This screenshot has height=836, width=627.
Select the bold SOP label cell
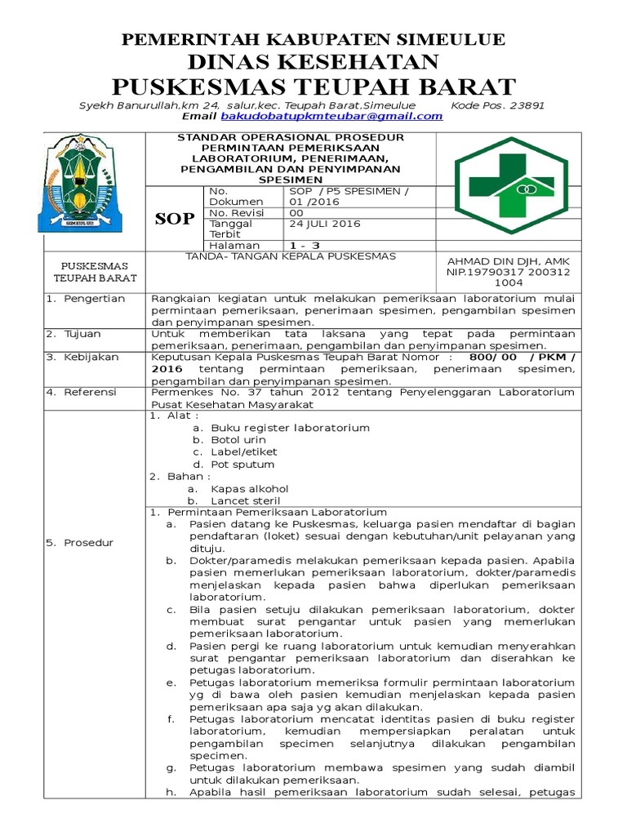pos(175,218)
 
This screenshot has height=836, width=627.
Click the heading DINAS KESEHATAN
pos(313,62)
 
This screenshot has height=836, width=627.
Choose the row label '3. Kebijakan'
pos(88,358)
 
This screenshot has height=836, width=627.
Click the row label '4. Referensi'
pos(87,393)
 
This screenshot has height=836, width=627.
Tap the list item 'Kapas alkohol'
pos(249,488)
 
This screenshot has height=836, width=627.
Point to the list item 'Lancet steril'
pos(245,500)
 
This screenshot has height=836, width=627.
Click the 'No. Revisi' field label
pos(238,212)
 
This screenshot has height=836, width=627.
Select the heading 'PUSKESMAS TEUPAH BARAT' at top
pos(313,87)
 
